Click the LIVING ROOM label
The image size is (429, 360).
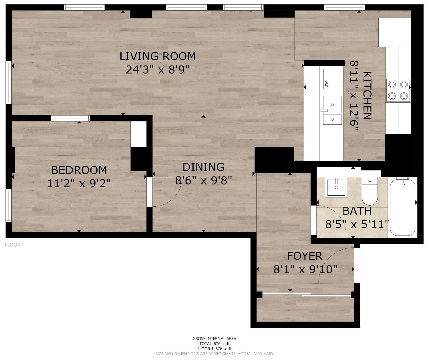click(x=158, y=56)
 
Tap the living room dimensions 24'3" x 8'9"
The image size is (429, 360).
click(x=158, y=69)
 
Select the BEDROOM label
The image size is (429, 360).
click(x=79, y=170)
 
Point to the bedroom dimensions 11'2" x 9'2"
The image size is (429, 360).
click(x=79, y=183)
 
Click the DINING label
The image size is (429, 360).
click(x=203, y=167)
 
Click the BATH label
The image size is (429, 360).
click(x=357, y=211)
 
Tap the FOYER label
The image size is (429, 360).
click(x=305, y=256)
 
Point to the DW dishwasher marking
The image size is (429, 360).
click(x=326, y=84)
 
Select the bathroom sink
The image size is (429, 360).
click(x=336, y=187)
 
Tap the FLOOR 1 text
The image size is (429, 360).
click(x=15, y=245)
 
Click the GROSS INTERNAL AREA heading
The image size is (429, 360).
click(x=214, y=339)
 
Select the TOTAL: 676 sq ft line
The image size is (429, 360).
click(x=214, y=344)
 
